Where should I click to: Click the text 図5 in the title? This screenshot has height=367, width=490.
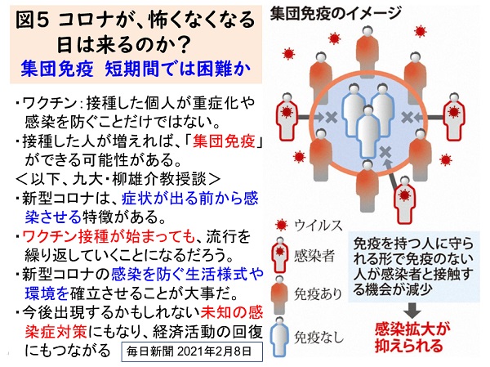(33, 20)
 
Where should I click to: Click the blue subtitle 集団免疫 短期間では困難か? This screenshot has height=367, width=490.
(136, 68)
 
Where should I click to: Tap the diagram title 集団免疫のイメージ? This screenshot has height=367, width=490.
(336, 13)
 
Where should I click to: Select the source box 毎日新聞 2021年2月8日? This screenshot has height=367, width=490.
(192, 351)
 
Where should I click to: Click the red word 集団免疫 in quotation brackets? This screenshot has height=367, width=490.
(224, 141)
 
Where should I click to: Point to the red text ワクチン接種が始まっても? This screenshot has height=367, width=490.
(109, 237)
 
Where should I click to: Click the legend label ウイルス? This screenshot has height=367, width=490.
(318, 226)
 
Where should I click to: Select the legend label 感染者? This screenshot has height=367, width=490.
(314, 256)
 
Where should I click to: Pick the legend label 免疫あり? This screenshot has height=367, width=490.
(318, 293)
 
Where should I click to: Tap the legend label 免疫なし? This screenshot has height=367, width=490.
(318, 337)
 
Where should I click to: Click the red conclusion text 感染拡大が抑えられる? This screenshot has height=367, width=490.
(412, 338)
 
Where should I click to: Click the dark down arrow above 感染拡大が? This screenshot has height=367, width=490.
(412, 311)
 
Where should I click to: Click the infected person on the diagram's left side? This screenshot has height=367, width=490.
(287, 117)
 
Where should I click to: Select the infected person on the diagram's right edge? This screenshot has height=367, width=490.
(454, 117)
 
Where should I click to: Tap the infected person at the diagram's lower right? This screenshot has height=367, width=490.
(405, 200)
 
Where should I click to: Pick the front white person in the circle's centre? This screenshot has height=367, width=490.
(368, 132)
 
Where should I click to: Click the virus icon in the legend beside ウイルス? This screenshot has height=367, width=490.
(281, 226)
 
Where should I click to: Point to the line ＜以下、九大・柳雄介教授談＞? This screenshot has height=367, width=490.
(118, 179)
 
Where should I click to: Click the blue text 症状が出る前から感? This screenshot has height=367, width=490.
(190, 199)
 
